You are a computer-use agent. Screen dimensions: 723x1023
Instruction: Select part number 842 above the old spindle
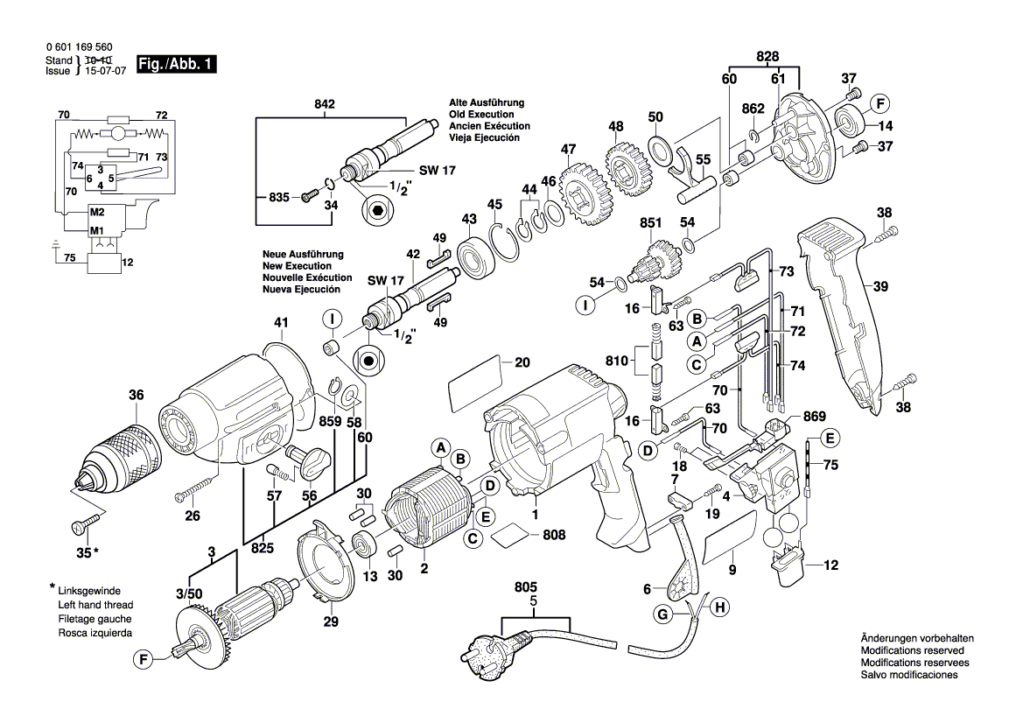click(325, 104)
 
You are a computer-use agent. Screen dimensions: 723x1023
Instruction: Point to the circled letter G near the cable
click(662, 615)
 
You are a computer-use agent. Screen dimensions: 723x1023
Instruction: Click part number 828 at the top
click(767, 56)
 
